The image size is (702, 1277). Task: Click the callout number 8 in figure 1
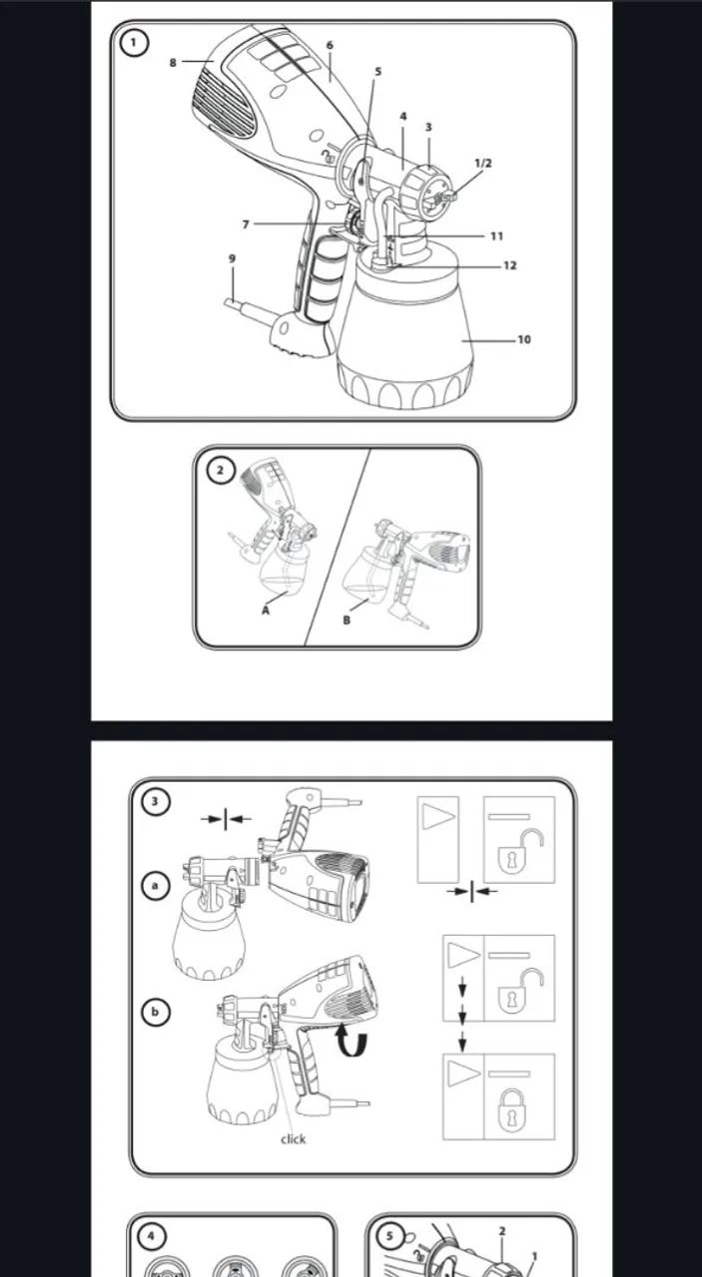click(x=173, y=63)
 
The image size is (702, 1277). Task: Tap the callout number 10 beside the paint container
click(x=524, y=340)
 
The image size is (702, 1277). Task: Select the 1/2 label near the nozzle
click(x=483, y=163)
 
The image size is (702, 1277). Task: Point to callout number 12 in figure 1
click(x=509, y=265)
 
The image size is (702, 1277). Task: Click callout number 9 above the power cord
click(x=232, y=258)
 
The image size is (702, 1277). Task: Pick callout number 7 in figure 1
click(x=246, y=224)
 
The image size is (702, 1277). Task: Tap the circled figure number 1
click(x=134, y=43)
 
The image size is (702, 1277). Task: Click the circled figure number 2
click(x=220, y=470)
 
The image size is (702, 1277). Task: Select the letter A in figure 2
click(x=266, y=611)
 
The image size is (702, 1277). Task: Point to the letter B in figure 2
click(x=347, y=621)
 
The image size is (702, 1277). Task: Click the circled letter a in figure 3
click(x=155, y=886)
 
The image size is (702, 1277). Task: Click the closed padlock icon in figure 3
click(x=512, y=1109)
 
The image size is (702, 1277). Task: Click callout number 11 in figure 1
click(x=496, y=236)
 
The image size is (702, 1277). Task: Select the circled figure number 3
click(x=155, y=801)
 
